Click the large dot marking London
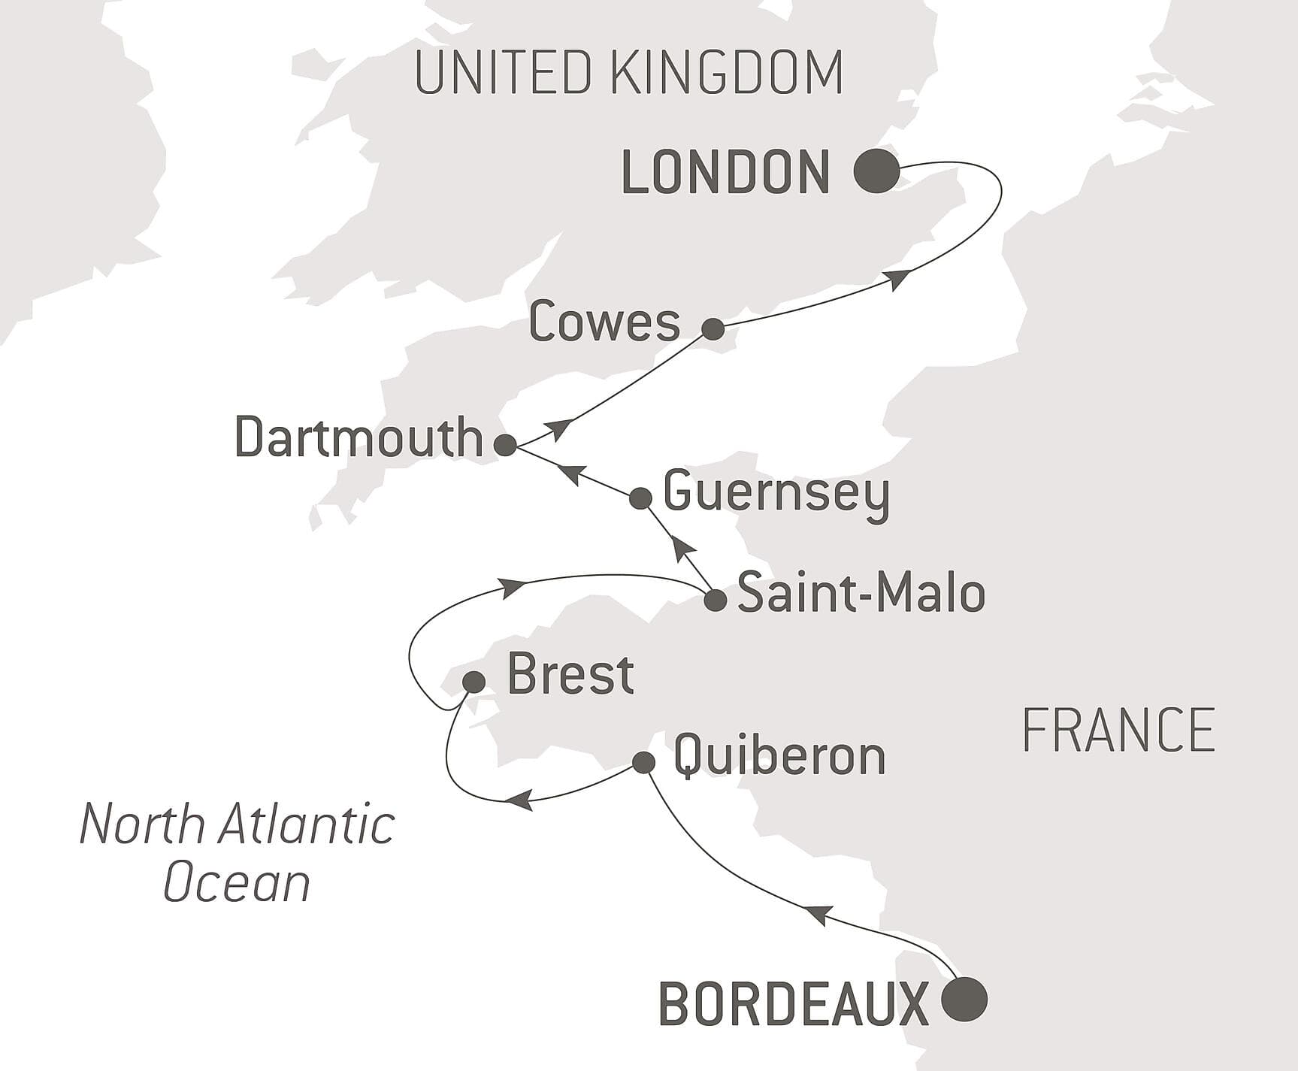tap(876, 171)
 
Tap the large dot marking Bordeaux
tap(964, 999)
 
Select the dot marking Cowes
tap(713, 328)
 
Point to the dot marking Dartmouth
tap(505, 445)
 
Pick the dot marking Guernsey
tap(640, 498)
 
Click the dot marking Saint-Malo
tap(715, 600)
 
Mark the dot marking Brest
tap(474, 682)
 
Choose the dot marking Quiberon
tap(643, 763)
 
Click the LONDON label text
tap(726, 173)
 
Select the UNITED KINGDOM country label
tap(628, 72)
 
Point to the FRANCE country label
tap(1118, 730)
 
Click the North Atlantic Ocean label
tap(237, 852)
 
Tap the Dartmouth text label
tap(359, 437)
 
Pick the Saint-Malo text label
tap(861, 593)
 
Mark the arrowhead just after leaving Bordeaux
tap(818, 915)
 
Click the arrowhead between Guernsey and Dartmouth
tap(572, 474)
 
